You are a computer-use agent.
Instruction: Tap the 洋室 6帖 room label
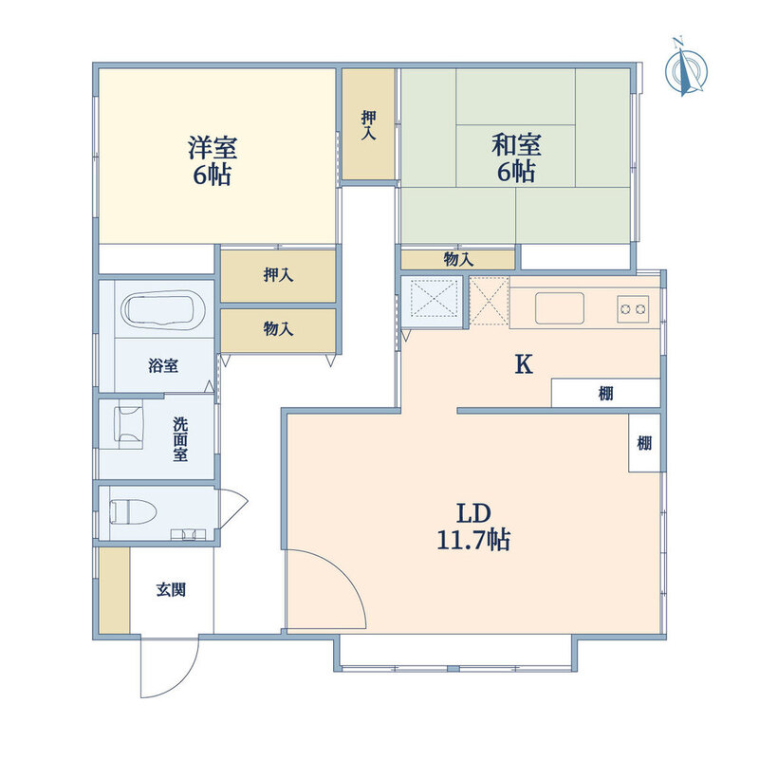[213, 160]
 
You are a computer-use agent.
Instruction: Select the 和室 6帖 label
[516, 157]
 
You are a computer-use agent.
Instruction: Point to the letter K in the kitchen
[524, 364]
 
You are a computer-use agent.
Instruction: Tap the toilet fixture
[133, 511]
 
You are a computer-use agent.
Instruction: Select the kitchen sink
[559, 307]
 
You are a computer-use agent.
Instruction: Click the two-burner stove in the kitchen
[633, 308]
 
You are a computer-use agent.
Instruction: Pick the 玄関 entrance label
[171, 589]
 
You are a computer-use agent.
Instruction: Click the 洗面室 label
[180, 439]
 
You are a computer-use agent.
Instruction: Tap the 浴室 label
[163, 365]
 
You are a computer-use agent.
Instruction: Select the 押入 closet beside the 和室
[369, 125]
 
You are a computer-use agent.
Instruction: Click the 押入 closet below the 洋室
[278, 276]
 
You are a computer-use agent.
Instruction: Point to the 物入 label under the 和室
[458, 259]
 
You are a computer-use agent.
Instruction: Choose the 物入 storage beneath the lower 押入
[278, 330]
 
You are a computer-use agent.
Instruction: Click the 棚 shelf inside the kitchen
[606, 393]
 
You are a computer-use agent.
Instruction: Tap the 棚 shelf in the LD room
[644, 442]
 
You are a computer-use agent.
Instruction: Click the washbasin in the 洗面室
[129, 424]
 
